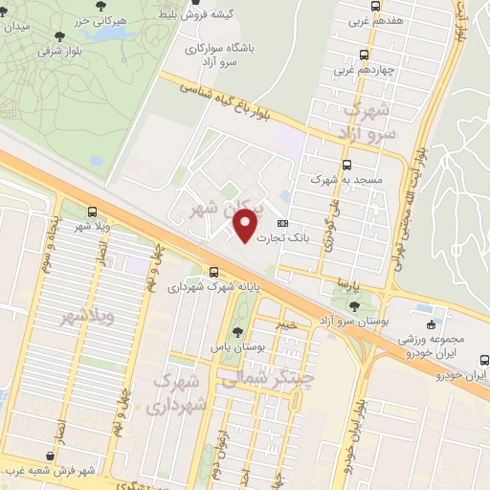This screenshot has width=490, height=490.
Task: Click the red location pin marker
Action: (x=246, y=225)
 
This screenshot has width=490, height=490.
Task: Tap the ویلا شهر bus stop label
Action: (x=91, y=227)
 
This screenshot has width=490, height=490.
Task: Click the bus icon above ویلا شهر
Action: (x=91, y=212)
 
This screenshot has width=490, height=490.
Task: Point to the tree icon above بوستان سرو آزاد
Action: (x=356, y=305)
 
